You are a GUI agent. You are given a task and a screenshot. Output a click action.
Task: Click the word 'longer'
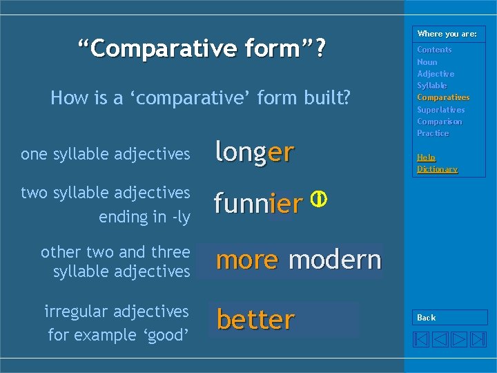pyautogui.click(x=255, y=153)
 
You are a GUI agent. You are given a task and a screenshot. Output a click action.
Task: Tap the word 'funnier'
pyautogui.click(x=257, y=204)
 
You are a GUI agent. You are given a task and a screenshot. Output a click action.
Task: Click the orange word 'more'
pyautogui.click(x=246, y=260)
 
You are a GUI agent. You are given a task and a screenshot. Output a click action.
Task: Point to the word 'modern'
pyautogui.click(x=335, y=260)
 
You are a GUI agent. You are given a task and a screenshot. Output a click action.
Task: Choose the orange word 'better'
pyautogui.click(x=255, y=321)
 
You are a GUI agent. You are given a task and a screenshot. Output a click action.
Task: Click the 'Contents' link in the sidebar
pyautogui.click(x=434, y=50)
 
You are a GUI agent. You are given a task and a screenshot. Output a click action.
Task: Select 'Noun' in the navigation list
pyautogui.click(x=427, y=62)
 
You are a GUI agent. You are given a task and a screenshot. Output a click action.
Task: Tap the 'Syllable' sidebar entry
pyautogui.click(x=431, y=86)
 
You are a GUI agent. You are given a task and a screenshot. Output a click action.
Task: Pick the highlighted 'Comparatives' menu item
pyautogui.click(x=442, y=97)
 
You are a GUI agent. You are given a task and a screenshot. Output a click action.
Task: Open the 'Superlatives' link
pyautogui.click(x=440, y=110)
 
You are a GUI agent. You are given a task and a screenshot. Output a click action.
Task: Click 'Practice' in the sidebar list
pyautogui.click(x=432, y=133)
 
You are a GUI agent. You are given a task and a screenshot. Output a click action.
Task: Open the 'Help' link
pyautogui.click(x=426, y=157)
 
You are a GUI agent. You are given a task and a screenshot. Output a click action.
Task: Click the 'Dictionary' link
pyautogui.click(x=437, y=169)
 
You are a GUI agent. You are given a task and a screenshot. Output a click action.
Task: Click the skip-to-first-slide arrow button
pyautogui.click(x=422, y=339)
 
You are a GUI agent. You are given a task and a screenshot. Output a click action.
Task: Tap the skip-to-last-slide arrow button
pyautogui.click(x=478, y=339)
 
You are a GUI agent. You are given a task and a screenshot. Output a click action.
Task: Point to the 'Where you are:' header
pyautogui.click(x=447, y=34)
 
